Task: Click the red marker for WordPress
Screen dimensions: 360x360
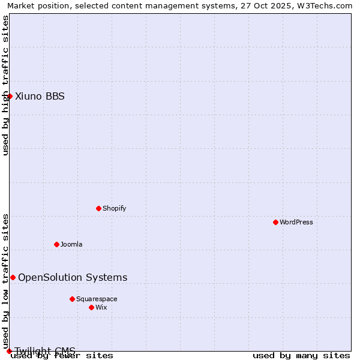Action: (275, 222)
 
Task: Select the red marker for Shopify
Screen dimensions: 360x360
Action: (98, 208)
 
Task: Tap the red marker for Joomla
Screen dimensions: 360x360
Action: (56, 244)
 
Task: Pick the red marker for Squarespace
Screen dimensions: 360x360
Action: (72, 299)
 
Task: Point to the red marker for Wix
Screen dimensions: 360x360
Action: (91, 307)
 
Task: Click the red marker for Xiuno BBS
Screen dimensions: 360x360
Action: (10, 96)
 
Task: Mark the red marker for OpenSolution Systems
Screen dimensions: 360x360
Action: (13, 277)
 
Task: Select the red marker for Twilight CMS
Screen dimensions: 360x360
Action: (9, 351)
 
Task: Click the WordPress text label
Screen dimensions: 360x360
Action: (296, 223)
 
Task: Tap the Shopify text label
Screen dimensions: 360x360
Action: (115, 209)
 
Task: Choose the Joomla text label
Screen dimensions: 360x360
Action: (71, 245)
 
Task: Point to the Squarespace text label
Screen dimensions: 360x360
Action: (97, 299)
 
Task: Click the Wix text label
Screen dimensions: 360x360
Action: (101, 308)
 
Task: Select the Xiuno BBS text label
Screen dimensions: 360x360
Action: (40, 97)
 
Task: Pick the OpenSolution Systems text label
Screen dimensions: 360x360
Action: (73, 278)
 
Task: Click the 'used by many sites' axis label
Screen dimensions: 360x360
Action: (301, 356)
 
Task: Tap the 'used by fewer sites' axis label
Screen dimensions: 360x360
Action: (62, 356)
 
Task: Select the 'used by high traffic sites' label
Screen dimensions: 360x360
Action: (6, 85)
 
